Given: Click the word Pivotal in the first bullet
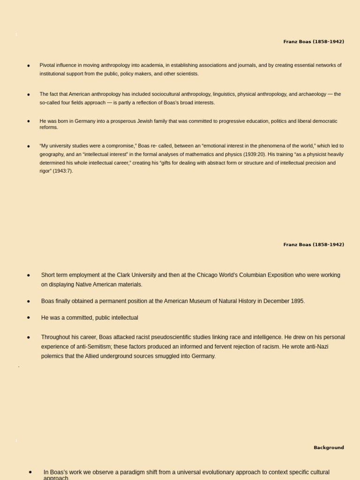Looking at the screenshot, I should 48,65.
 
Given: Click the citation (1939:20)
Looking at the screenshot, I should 255,154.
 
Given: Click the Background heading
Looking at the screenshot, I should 329,448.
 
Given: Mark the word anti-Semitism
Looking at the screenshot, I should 100,346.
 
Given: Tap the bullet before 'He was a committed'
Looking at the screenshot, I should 29,317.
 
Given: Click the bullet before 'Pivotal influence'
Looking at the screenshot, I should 29,66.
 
